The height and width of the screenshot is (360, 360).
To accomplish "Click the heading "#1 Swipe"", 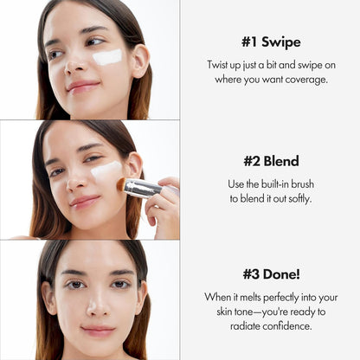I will pyautogui.click(x=271, y=42).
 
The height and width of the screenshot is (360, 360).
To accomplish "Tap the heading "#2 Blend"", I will pyautogui.click(x=271, y=161).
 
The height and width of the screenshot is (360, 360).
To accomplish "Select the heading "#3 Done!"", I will pyautogui.click(x=271, y=275).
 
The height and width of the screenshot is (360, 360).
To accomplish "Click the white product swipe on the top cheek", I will pyautogui.click(x=107, y=57).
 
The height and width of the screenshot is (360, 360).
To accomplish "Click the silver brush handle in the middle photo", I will pyautogui.click(x=144, y=188).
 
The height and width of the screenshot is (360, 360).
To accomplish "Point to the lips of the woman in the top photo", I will pyautogui.click(x=82, y=86).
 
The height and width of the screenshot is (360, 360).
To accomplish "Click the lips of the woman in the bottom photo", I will pyautogui.click(x=97, y=331).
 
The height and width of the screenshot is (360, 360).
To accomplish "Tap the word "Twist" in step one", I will pyautogui.click(x=220, y=66).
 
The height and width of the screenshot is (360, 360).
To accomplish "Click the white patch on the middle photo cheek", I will pyautogui.click(x=106, y=170).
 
